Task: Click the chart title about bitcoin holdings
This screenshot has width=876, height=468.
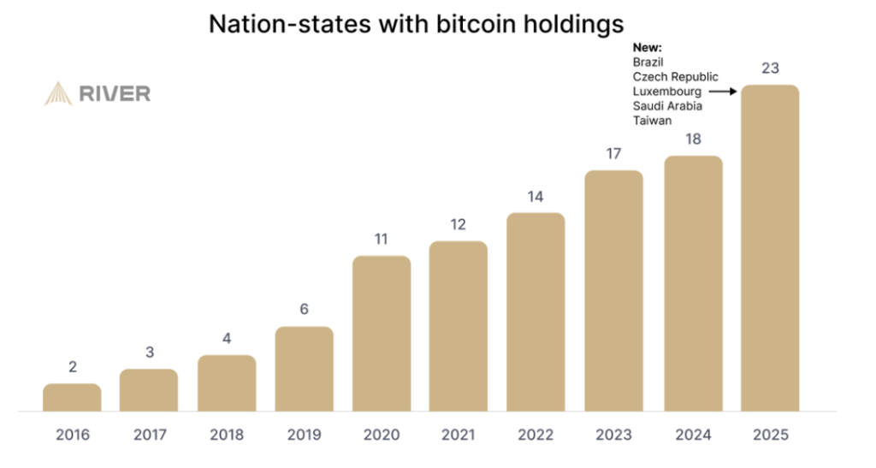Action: pyautogui.click(x=417, y=24)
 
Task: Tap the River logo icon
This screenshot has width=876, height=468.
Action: pyautogui.click(x=58, y=93)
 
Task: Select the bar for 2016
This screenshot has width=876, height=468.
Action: pyautogui.click(x=72, y=398)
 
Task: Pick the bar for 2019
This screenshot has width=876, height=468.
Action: pyautogui.click(x=304, y=369)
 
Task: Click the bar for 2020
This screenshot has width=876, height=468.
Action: pyautogui.click(x=382, y=334)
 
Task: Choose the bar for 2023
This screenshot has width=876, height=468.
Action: pyautogui.click(x=613, y=291)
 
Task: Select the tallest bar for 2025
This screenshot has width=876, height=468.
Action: pyautogui.click(x=769, y=248)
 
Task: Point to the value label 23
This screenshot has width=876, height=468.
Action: pyautogui.click(x=769, y=69)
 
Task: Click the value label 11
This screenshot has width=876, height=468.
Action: pyautogui.click(x=382, y=239)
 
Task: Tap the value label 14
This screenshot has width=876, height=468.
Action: pyautogui.click(x=536, y=196)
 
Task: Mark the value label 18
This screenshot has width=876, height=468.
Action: pyautogui.click(x=692, y=139)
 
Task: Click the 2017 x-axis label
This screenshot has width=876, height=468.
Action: pyautogui.click(x=150, y=435)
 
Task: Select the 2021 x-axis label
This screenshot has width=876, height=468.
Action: pyautogui.click(x=459, y=435)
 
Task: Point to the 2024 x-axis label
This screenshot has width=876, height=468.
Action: pyautogui.click(x=692, y=435)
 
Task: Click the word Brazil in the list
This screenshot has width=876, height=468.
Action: pyautogui.click(x=648, y=62)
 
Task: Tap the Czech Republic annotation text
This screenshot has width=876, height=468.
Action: pyautogui.click(x=675, y=77)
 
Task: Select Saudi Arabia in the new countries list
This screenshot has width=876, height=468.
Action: pyautogui.click(x=667, y=106)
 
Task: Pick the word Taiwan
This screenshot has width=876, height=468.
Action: pyautogui.click(x=652, y=121)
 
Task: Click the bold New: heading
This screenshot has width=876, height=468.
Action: pyautogui.click(x=648, y=48)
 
